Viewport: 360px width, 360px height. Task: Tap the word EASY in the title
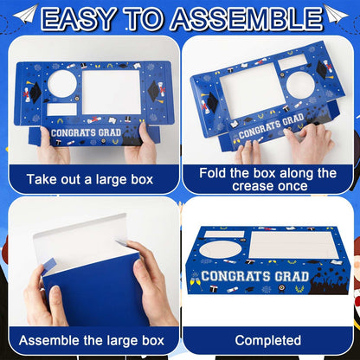coord(79,19)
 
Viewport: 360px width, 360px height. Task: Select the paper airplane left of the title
coord(26,14)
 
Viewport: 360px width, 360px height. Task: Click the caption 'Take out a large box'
coord(90,179)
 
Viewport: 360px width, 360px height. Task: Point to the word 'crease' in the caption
coord(251,186)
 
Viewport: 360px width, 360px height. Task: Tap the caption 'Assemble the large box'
coord(92,341)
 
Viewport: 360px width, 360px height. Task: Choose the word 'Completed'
coord(268,340)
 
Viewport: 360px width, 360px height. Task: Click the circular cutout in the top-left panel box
coord(62,84)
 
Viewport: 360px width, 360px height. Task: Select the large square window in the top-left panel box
coord(112,93)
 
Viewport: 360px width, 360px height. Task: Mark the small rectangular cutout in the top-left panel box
coord(61,109)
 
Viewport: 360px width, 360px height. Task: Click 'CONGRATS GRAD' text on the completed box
coord(255,276)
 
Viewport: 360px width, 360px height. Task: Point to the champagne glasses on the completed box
coord(195,281)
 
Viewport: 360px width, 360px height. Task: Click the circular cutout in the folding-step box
coord(300,86)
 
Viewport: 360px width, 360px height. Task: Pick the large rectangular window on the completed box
coord(293,245)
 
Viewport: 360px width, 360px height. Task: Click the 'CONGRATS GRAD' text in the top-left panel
coord(86,133)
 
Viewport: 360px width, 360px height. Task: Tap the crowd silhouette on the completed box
coord(329,281)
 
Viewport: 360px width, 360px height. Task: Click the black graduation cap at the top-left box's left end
coord(35,93)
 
